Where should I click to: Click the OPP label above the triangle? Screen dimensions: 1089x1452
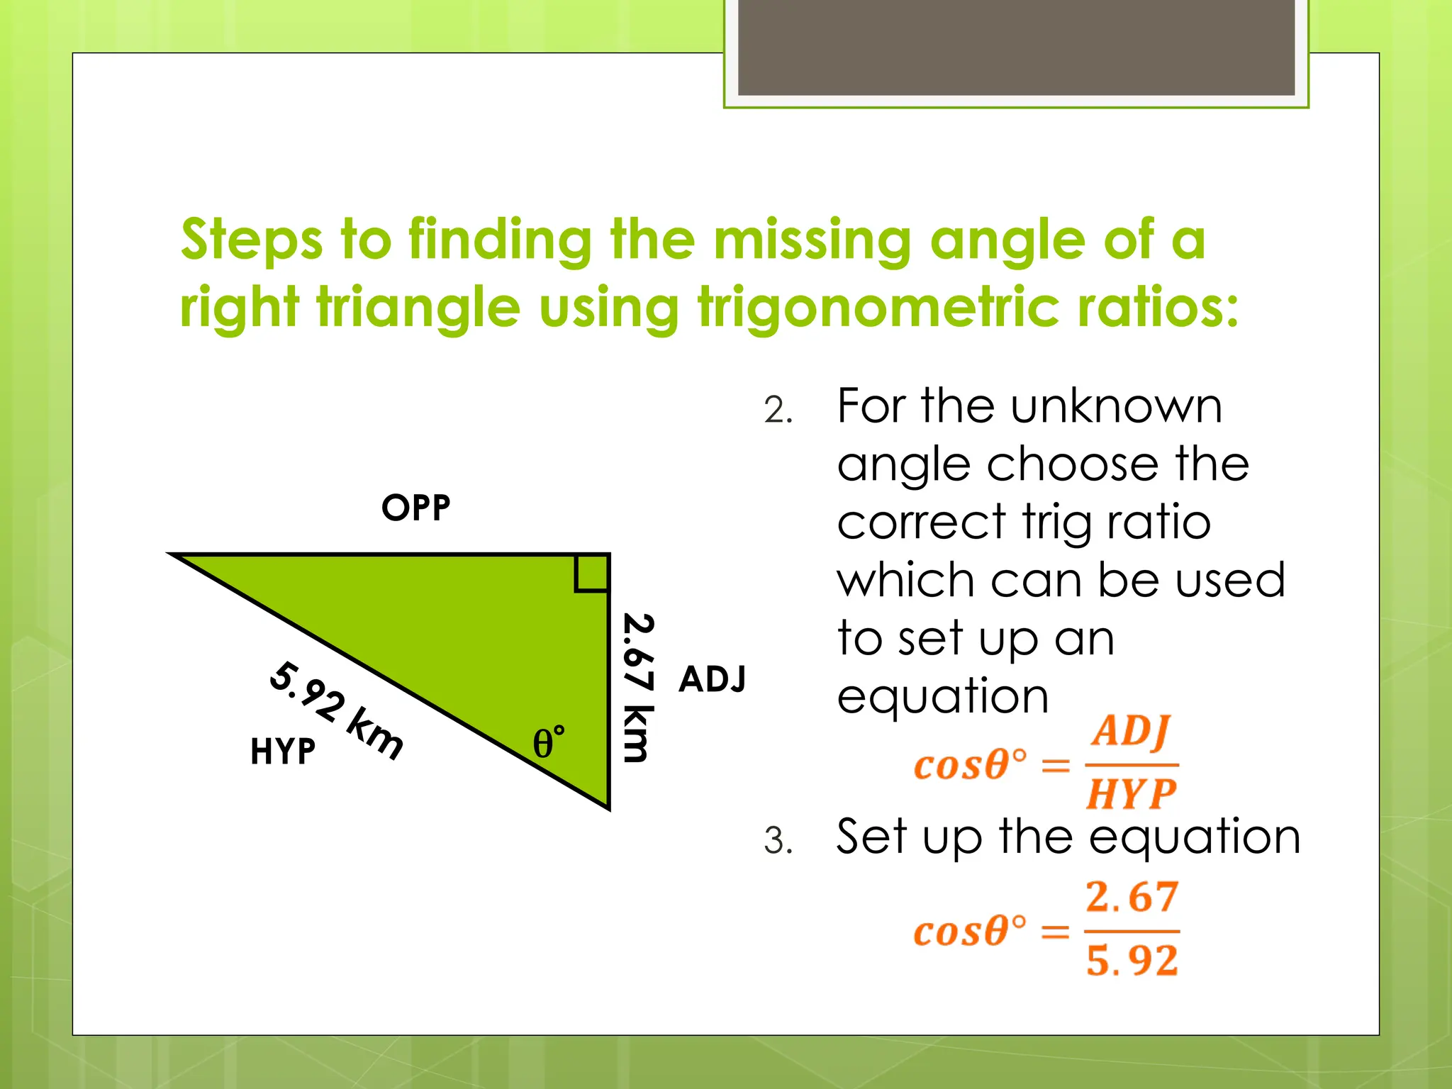point(415,508)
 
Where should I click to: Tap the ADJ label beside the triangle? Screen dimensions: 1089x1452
point(712,679)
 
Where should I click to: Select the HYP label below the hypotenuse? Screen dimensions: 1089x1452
point(282,752)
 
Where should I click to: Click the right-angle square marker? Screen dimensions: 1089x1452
point(591,573)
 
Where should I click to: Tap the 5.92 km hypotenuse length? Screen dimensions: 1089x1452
point(336,710)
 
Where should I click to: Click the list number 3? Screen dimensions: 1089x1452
point(778,842)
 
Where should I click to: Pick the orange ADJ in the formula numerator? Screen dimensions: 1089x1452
point(1131,731)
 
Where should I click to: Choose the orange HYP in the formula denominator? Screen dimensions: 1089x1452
point(1131,793)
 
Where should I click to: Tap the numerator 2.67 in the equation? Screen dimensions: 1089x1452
point(1132,897)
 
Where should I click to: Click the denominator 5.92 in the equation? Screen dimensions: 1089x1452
point(1132,961)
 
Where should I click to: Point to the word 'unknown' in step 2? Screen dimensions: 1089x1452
point(1117,407)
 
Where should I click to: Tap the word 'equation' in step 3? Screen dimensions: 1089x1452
point(1195,838)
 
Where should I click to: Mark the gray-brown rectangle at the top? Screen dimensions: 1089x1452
point(1016,47)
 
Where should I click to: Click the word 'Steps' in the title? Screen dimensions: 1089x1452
point(252,241)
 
